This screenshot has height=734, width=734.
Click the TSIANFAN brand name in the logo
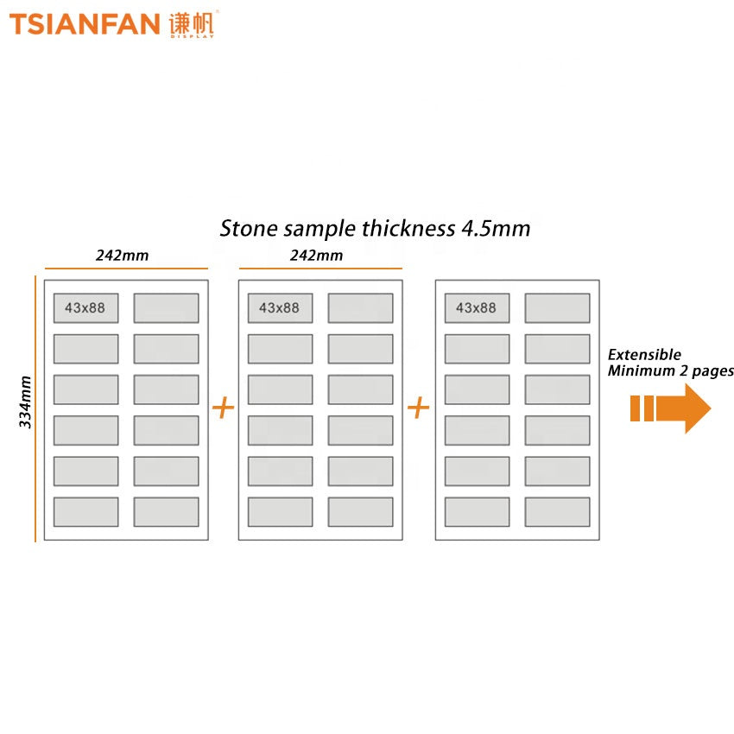pos(84,23)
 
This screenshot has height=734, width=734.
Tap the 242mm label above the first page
pos(122,255)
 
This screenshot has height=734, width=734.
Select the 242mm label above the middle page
pos(316,255)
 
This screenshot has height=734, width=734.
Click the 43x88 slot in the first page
pos(85,308)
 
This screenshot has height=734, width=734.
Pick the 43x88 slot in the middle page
pos(280,308)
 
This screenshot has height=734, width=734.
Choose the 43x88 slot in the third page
pos(477,308)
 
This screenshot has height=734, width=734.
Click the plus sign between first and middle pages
pos(223,408)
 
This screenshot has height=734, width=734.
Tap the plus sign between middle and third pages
pos(418,408)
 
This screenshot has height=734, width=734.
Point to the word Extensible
pos(644,355)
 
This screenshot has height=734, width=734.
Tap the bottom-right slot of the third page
pos(557,511)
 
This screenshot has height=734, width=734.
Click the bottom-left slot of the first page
pos(85,511)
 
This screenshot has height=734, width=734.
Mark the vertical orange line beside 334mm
pos(36,408)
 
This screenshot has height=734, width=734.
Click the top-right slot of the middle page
pos(360,308)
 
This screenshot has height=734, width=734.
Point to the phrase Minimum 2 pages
pos(670,371)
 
